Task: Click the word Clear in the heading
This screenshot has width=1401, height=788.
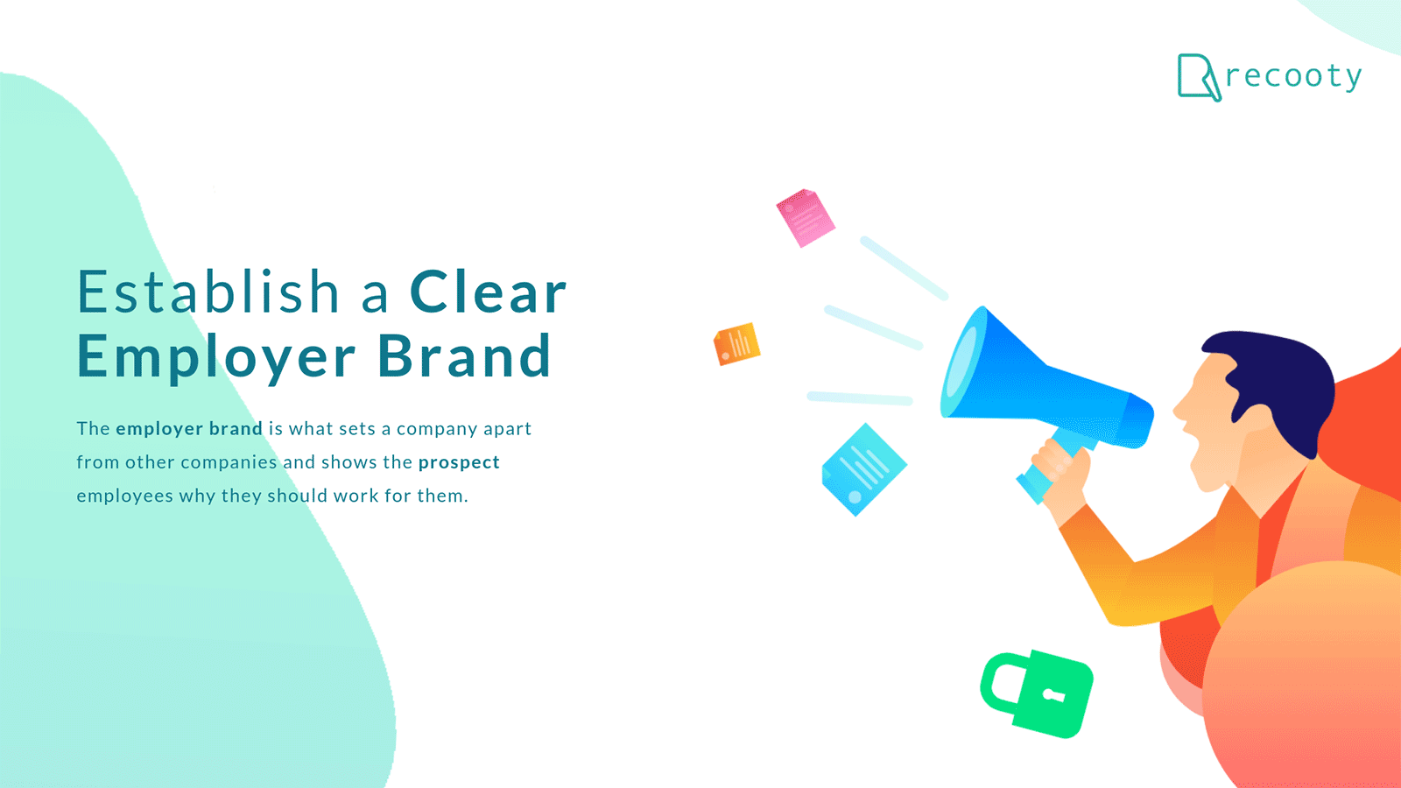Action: (x=488, y=292)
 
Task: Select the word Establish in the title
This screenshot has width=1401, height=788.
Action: (x=208, y=292)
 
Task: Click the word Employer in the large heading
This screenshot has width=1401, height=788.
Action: (x=216, y=358)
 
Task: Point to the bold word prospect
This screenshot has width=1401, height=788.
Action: (x=459, y=463)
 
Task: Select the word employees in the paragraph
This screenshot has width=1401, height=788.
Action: (x=124, y=496)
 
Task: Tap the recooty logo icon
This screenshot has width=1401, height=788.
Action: (x=1199, y=77)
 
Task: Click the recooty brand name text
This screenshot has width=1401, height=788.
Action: (x=1293, y=77)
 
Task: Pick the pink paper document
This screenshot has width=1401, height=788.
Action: (x=806, y=218)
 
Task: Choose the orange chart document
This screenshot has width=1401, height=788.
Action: (x=736, y=344)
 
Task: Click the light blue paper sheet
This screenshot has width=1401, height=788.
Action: (x=863, y=469)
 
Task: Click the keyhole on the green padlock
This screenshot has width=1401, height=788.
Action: (x=1052, y=694)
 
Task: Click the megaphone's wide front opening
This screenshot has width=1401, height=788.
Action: (x=963, y=362)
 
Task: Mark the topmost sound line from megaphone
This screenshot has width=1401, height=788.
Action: (x=904, y=268)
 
